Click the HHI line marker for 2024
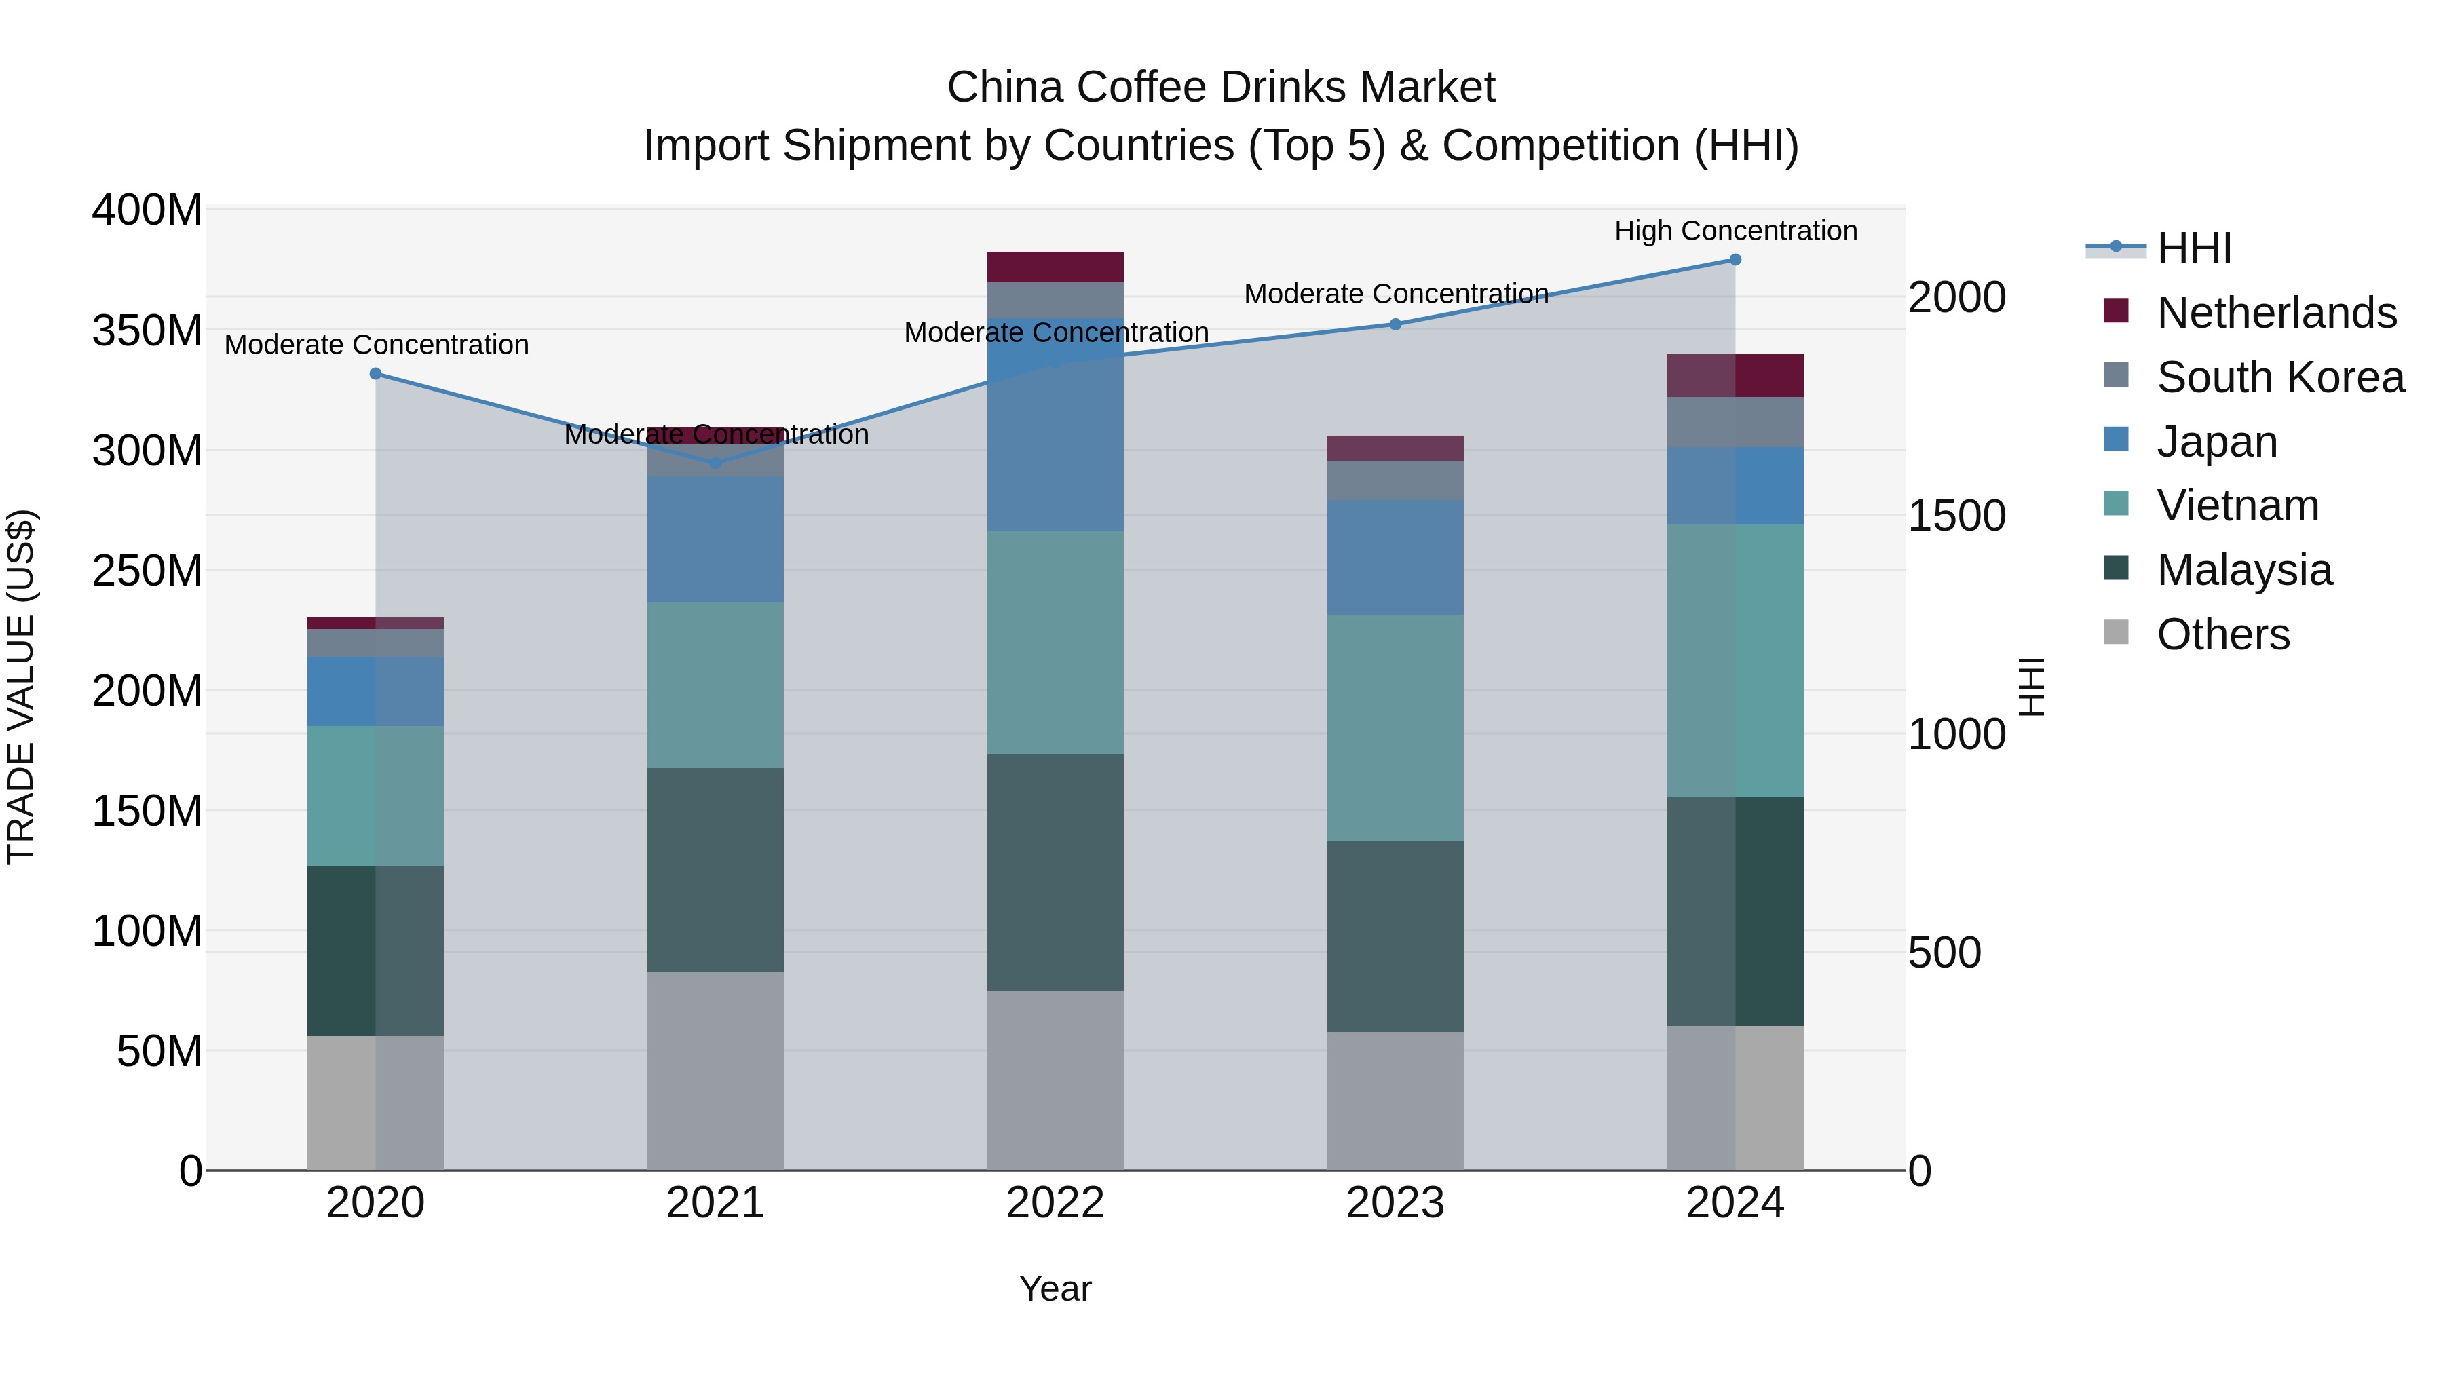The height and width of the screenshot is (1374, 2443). pos(1735,260)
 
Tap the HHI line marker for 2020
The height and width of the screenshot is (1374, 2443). pos(375,374)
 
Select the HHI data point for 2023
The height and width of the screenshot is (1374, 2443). pos(1395,324)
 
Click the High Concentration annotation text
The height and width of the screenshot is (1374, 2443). pos(1735,231)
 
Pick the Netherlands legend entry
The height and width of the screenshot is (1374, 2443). pos(2276,312)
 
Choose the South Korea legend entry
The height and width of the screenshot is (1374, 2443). pos(2280,377)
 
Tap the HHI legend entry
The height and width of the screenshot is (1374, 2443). pos(2193,248)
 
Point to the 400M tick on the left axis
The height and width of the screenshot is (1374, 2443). pos(147,210)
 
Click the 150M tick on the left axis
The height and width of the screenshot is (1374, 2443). pos(147,811)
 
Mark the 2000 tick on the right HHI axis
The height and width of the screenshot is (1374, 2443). pos(1956,297)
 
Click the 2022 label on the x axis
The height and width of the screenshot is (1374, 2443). pos(1055,1203)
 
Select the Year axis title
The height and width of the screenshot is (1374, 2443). pos(1055,1289)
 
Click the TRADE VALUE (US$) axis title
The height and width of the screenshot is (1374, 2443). pos(21,687)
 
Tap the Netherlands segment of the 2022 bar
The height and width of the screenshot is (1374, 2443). pos(1055,267)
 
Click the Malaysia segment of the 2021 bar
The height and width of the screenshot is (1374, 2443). pos(715,870)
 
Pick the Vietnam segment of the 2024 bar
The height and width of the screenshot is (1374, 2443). pos(1735,660)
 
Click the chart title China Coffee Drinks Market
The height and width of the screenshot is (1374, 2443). pos(1221,88)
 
